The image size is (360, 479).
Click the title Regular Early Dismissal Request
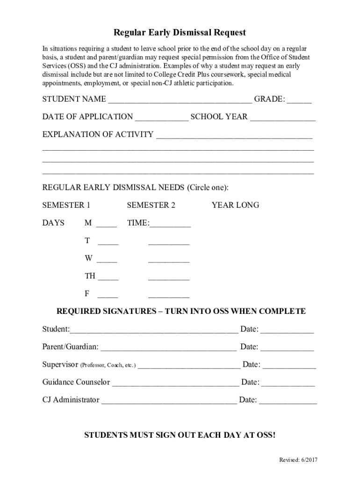[180, 33]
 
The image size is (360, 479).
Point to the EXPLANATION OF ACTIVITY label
[98, 135]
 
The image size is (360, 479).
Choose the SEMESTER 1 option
[66, 205]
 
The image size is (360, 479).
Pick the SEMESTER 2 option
[151, 205]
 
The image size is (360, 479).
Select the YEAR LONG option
[235, 205]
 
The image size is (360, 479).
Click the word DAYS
[53, 223]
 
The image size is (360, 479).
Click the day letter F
[87, 294]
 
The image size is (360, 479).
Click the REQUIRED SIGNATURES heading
[181, 312]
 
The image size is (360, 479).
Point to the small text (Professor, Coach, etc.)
[108, 365]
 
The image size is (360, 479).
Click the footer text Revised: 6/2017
[298, 460]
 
